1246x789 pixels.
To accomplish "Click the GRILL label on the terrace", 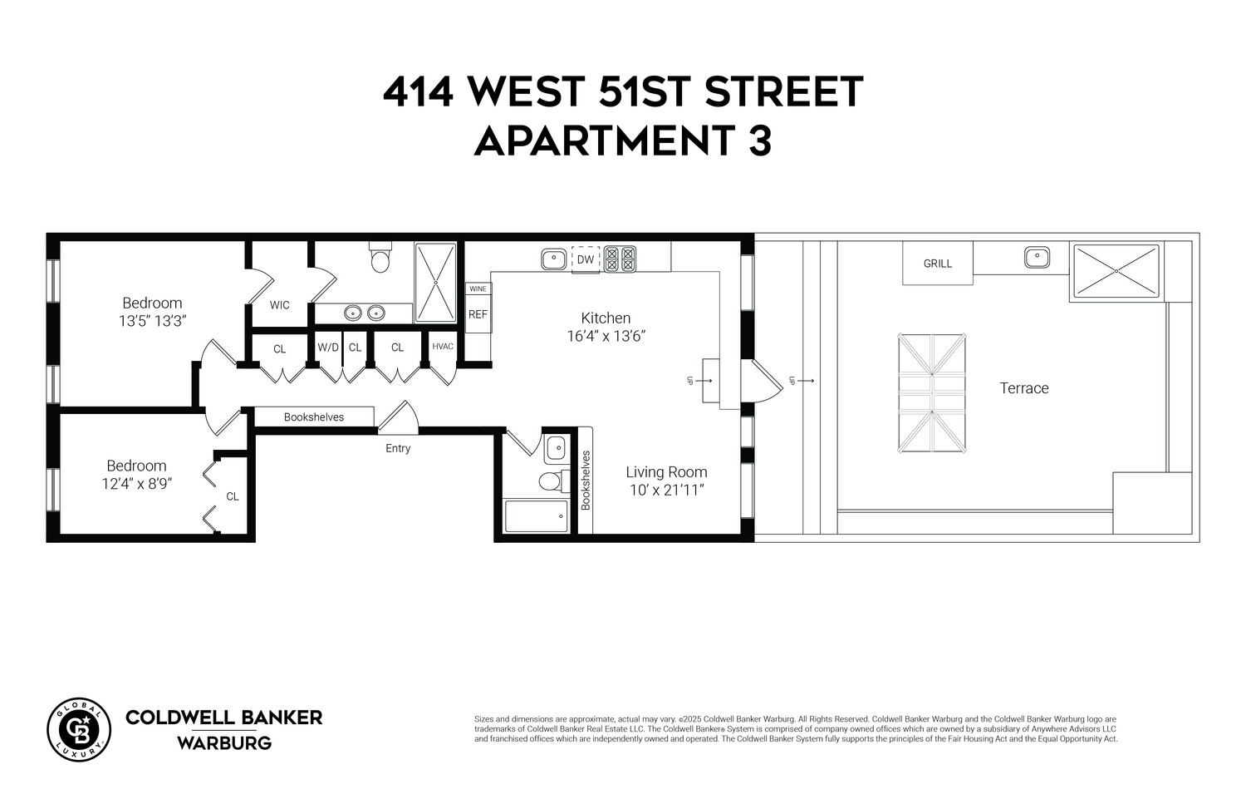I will click(x=938, y=264).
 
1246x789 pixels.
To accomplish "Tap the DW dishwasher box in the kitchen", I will click(x=586, y=259).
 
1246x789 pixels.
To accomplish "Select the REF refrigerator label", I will click(x=478, y=314).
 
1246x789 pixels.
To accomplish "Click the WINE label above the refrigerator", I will click(x=478, y=288).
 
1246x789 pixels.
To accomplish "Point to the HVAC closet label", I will click(x=443, y=346).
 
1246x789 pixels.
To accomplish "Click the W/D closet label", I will click(x=328, y=348).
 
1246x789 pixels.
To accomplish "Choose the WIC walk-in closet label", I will click(x=280, y=305).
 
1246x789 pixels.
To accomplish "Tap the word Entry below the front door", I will click(x=398, y=448).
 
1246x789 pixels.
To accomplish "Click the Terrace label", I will click(x=1023, y=388).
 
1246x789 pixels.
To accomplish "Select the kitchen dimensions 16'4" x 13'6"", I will click(x=606, y=336).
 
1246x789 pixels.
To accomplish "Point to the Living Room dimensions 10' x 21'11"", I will click(x=666, y=490).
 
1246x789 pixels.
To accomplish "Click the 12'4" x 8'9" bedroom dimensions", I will click(x=137, y=483).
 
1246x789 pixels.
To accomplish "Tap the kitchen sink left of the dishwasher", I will click(x=553, y=259).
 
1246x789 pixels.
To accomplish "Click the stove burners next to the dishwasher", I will click(x=620, y=259).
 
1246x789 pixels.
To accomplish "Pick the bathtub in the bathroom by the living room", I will click(x=537, y=516).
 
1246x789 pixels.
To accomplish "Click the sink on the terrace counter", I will click(x=1037, y=257).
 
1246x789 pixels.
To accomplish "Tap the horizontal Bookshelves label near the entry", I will click(x=314, y=417).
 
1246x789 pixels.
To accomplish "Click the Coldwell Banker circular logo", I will click(x=79, y=729).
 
